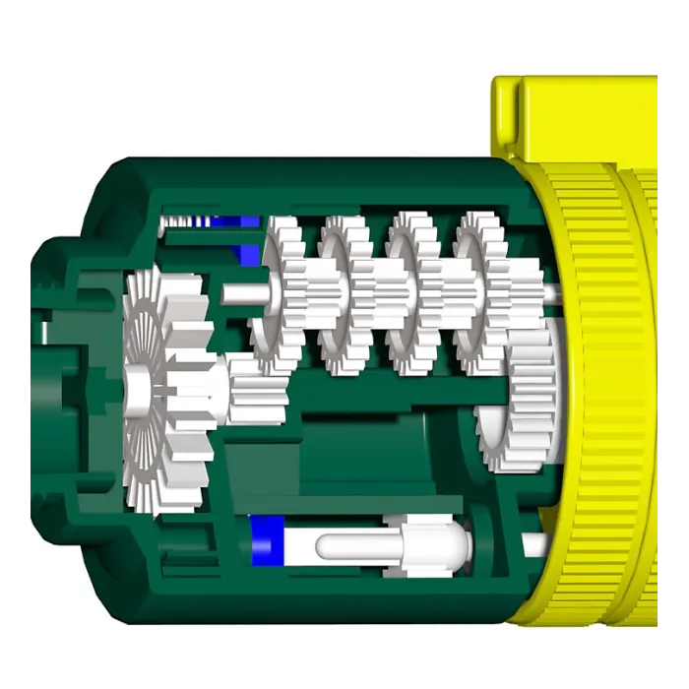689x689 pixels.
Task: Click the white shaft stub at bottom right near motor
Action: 536,540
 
